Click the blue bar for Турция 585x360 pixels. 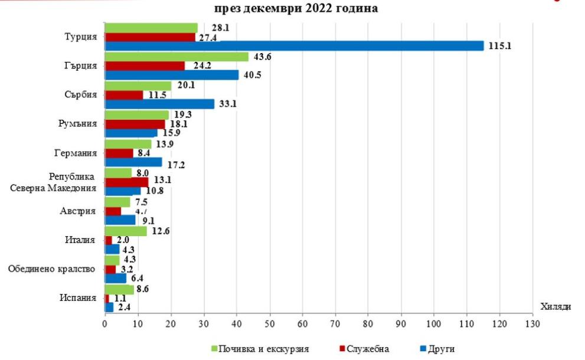tap(294, 46)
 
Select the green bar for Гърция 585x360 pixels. tap(177, 57)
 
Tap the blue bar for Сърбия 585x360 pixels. tap(159, 104)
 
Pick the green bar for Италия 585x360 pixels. tap(125, 231)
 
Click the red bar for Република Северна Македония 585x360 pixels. tap(126, 181)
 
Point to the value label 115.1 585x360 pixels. tap(499, 46)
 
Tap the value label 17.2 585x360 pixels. tap(177, 165)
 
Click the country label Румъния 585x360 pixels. tap(80, 124)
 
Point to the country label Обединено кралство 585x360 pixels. tap(52, 269)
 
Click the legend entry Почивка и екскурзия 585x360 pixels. tap(259, 348)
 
